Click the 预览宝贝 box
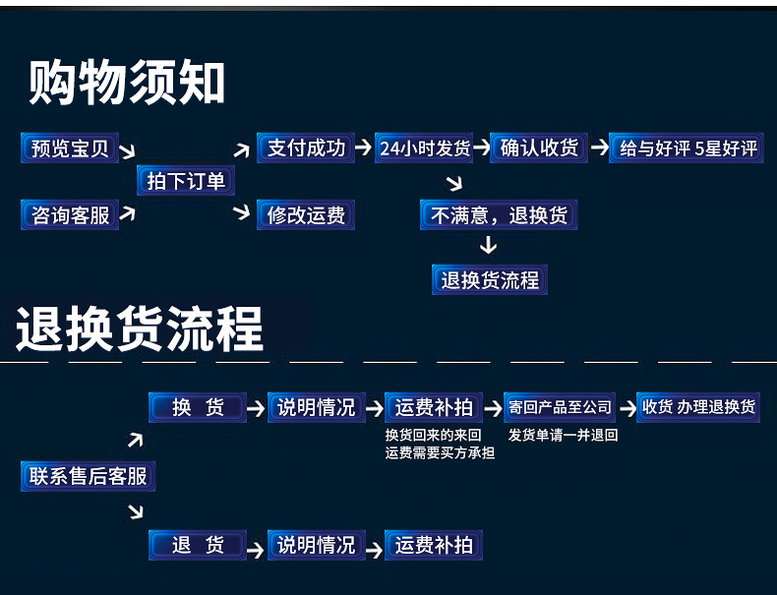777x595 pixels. pyautogui.click(x=70, y=149)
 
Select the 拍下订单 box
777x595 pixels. pyautogui.click(x=186, y=181)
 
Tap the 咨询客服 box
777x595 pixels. pyautogui.click(x=70, y=214)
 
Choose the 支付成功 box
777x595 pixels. pyautogui.click(x=306, y=149)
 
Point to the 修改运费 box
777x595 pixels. pyautogui.click(x=306, y=214)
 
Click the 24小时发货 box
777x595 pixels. pyautogui.click(x=425, y=149)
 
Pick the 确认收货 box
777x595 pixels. pyautogui.click(x=538, y=149)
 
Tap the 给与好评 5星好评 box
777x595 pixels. pyautogui.click(x=687, y=149)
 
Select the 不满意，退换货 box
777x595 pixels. pyautogui.click(x=499, y=214)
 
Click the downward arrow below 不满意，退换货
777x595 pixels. pyautogui.click(x=488, y=245)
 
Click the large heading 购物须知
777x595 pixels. pyautogui.click(x=128, y=82)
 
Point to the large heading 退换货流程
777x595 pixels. pyautogui.click(x=141, y=328)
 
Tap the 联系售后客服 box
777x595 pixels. pyautogui.click(x=89, y=477)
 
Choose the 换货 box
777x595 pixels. pyautogui.click(x=197, y=407)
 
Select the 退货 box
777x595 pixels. pyautogui.click(x=197, y=545)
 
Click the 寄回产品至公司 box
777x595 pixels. pyautogui.click(x=560, y=407)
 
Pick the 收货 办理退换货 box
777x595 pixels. pyautogui.click(x=698, y=407)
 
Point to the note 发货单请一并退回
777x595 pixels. pyautogui.click(x=563, y=435)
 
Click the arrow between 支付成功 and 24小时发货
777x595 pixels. pyautogui.click(x=363, y=149)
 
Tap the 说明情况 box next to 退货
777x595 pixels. pyautogui.click(x=316, y=545)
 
